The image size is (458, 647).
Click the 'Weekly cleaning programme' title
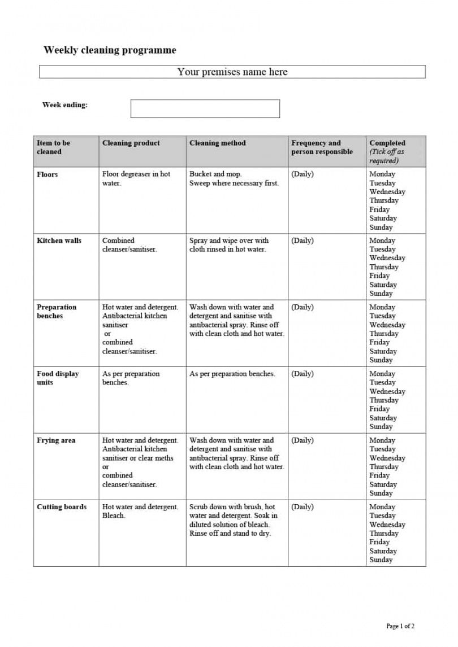pos(110,50)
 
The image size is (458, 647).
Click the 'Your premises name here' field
pos(232,72)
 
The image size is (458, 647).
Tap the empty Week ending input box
pos(205,108)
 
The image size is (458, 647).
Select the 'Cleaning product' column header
pos(131,143)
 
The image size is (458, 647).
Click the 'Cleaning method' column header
pos(218,143)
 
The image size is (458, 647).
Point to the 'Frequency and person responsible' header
pos(322,147)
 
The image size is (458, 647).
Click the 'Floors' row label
pos(47,174)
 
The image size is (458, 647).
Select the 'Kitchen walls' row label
pos(59,241)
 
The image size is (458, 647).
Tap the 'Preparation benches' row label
pos(57,312)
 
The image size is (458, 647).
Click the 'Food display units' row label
pos(58,378)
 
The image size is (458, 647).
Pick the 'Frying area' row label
pos(56,440)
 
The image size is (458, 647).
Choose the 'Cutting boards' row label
pos(62,507)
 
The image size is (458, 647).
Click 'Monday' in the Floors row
pos(382,174)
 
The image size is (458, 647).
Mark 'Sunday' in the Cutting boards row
pos(381,560)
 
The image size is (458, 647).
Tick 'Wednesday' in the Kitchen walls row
pos(387,258)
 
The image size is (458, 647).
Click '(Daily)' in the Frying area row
pos(302,440)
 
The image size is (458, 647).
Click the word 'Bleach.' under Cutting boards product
pos(114,516)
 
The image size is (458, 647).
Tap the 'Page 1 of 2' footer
pos(400,626)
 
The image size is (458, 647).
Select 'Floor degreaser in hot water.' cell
pos(136,179)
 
